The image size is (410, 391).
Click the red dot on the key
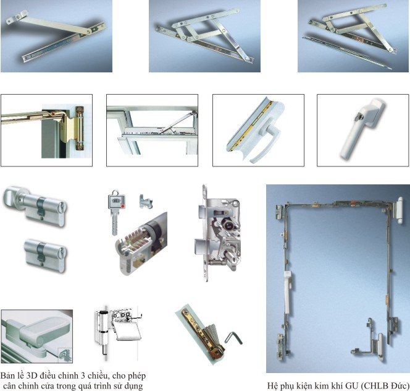pos(123,206)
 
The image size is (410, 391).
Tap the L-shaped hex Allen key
pos(233,338)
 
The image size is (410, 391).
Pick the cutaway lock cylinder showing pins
pos(141,244)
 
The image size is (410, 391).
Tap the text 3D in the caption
pos(32,376)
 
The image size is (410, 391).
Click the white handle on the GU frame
pos(288,291)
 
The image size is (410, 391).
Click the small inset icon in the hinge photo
pos(65,355)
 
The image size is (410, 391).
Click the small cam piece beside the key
pos(145,201)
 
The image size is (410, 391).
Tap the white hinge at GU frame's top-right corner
pos(400,210)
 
